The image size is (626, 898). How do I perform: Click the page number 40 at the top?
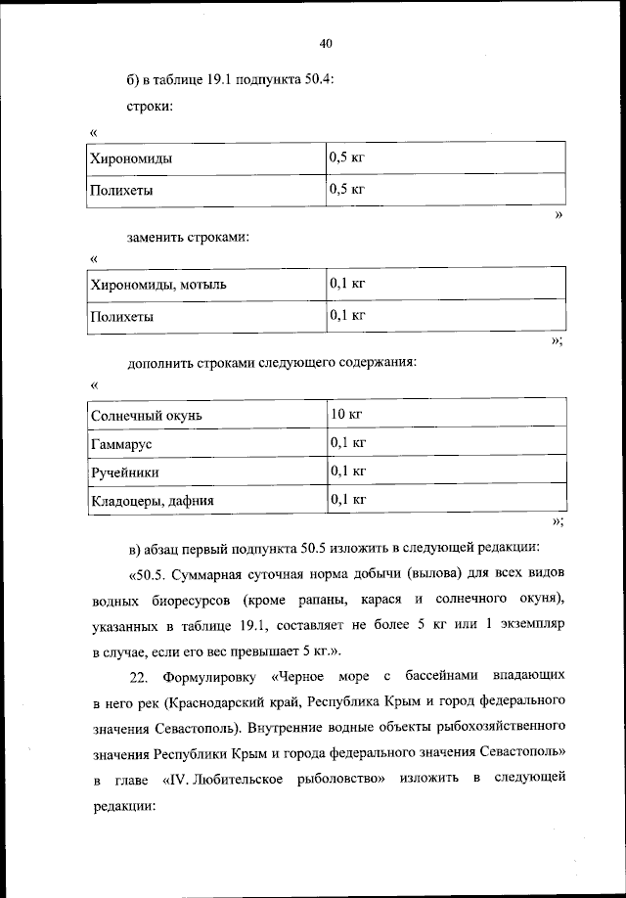pos(327,44)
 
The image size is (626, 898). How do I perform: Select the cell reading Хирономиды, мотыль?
pos(158,285)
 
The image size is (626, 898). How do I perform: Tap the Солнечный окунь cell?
pos(146,416)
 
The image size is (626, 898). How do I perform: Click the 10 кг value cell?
pos(346,415)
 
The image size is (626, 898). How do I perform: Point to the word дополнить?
pos(160,364)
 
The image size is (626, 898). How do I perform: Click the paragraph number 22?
pos(138,677)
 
